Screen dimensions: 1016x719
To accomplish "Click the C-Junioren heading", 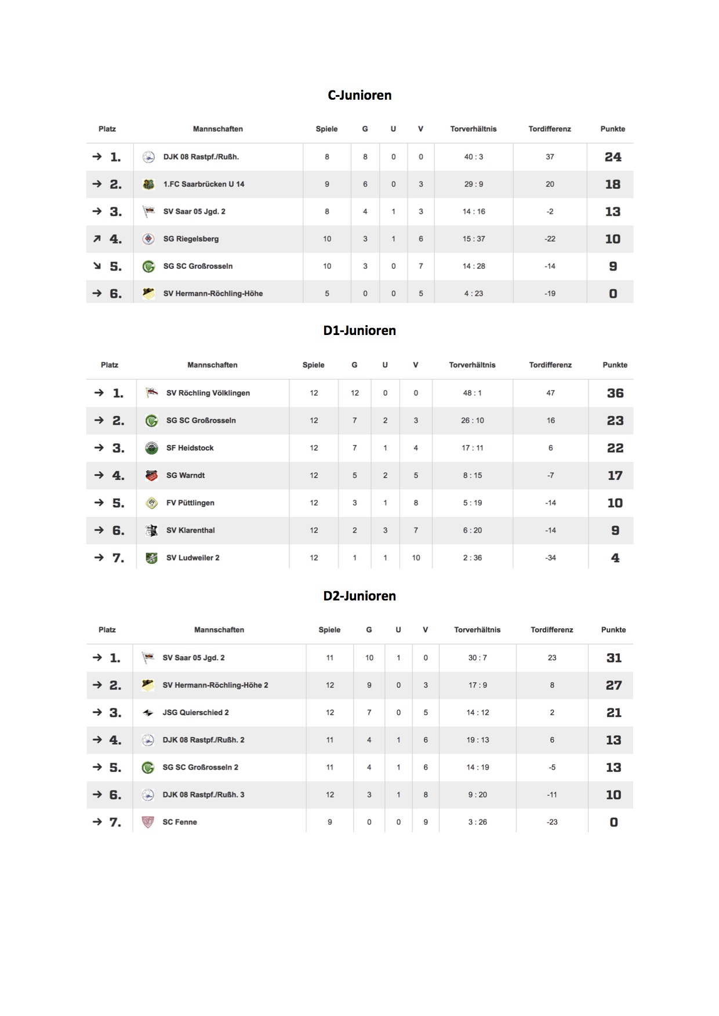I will click(359, 95).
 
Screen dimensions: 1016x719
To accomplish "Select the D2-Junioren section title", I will click(359, 596).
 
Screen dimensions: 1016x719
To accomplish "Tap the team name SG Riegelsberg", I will click(191, 239).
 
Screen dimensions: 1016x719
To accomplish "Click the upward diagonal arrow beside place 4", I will click(97, 239).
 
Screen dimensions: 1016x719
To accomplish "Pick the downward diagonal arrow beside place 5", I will click(97, 266).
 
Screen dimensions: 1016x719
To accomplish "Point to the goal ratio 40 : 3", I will click(473, 157).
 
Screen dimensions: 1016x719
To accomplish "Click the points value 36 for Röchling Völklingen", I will click(615, 393).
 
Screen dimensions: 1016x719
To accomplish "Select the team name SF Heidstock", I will click(190, 448).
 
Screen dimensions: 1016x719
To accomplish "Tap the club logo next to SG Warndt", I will click(151, 475).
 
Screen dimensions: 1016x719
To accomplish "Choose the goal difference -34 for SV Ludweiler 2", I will click(550, 558).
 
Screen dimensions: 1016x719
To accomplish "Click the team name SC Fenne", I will click(180, 822).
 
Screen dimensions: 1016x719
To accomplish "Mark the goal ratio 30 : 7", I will click(477, 658).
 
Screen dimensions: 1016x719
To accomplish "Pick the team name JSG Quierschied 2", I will click(195, 712).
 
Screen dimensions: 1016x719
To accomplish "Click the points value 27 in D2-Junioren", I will click(613, 685).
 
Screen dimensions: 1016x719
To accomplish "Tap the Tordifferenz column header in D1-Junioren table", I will click(550, 365).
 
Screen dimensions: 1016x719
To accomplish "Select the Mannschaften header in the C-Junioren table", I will click(218, 129).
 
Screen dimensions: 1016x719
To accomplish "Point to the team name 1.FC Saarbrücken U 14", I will click(204, 184).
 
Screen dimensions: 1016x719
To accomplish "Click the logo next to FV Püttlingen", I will click(151, 503).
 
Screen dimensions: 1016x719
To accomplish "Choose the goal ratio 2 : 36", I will click(472, 558).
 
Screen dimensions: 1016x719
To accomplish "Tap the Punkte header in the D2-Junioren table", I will click(613, 630).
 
